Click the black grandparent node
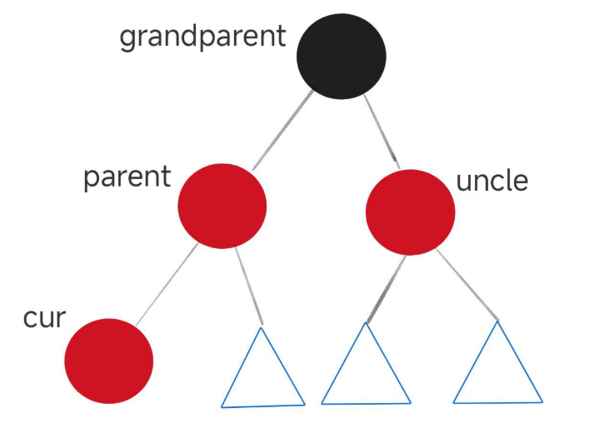(342, 56)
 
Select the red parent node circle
(222, 205)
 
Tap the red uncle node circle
(410, 211)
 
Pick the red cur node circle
(109, 361)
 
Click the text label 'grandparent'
(202, 37)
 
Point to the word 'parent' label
(127, 177)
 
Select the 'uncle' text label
(492, 181)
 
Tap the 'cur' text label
(44, 318)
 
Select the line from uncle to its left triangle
(385, 287)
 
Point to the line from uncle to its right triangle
(467, 283)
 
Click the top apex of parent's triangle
(261, 328)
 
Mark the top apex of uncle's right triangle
(498, 322)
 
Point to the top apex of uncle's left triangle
(366, 323)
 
